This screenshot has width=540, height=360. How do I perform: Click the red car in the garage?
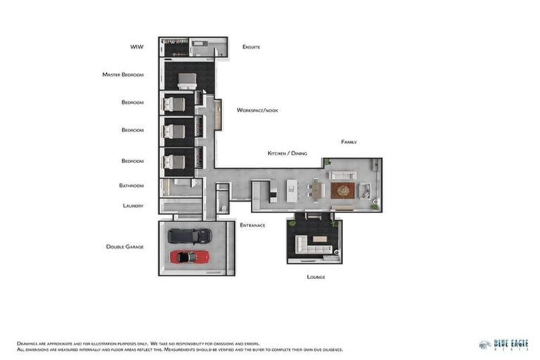(189, 257)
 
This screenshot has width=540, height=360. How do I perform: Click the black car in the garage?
(189, 236)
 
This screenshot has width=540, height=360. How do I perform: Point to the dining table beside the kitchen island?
(317, 191)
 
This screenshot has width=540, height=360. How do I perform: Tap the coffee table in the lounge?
(321, 239)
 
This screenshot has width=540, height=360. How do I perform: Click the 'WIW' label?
(136, 47)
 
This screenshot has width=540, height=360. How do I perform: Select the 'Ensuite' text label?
(251, 47)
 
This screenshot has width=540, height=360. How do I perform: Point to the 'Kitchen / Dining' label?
(287, 153)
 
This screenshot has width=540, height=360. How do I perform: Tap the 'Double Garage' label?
(124, 247)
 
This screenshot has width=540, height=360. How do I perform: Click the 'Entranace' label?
(252, 225)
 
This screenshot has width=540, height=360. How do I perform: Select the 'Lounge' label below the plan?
(316, 277)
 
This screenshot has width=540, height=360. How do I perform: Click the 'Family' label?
(349, 142)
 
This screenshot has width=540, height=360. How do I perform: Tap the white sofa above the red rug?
(343, 175)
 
